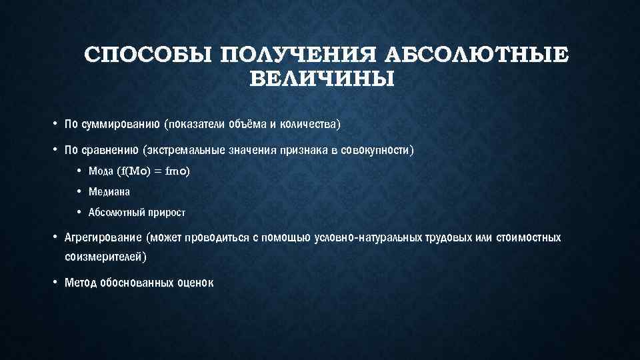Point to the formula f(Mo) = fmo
point(153,171)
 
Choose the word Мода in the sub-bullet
point(101,171)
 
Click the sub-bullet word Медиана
point(109,192)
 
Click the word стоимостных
point(529,238)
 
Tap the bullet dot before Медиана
point(79,192)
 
